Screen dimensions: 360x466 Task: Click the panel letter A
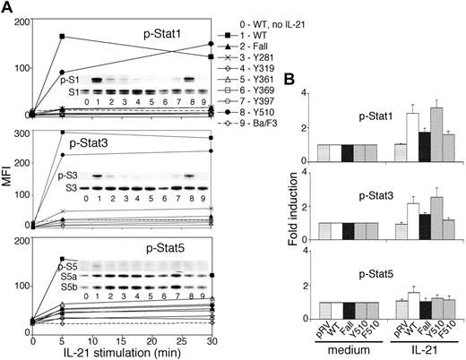[x=8, y=7]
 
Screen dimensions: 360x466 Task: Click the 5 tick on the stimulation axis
[x=62, y=340]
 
